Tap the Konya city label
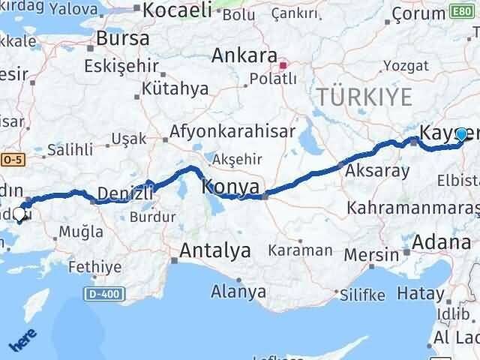click(232, 186)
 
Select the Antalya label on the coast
click(215, 252)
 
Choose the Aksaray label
click(377, 171)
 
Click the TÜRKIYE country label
click(365, 97)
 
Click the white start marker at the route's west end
click(19, 214)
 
